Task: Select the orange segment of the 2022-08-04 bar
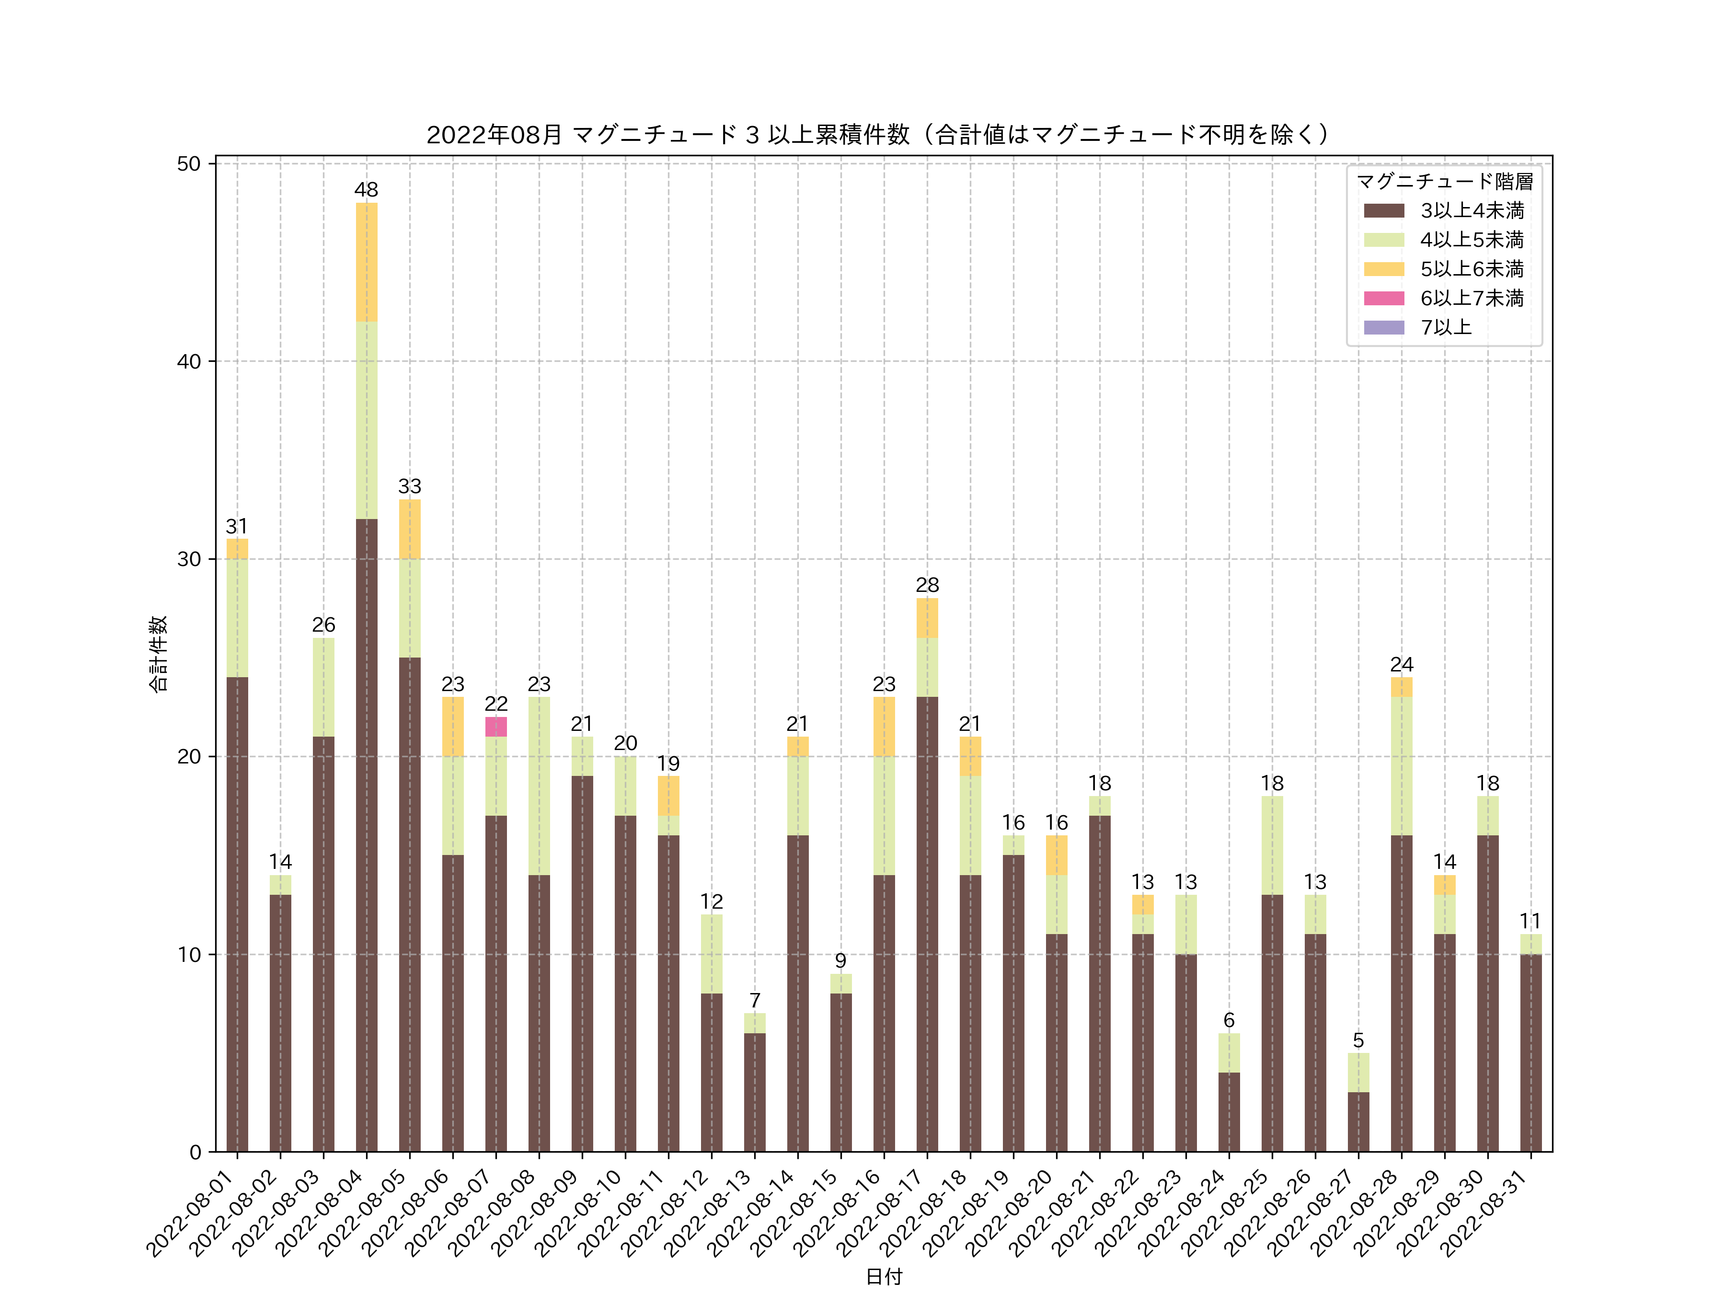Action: pyautogui.click(x=367, y=262)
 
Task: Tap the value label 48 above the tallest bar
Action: pyautogui.click(x=367, y=189)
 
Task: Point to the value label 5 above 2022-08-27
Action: pyautogui.click(x=1358, y=1040)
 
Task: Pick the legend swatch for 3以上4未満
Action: pyautogui.click(x=1384, y=210)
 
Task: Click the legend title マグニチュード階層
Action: pyautogui.click(x=1444, y=182)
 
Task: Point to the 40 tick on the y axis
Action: pyautogui.click(x=189, y=361)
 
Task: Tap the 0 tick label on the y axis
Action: pyautogui.click(x=195, y=1152)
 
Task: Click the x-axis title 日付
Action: pyautogui.click(x=884, y=1276)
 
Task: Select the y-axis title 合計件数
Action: pyautogui.click(x=158, y=654)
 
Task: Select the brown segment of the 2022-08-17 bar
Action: pyautogui.click(x=927, y=924)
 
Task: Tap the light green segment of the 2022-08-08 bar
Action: pyautogui.click(x=539, y=786)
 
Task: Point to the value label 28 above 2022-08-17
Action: pyautogui.click(x=927, y=585)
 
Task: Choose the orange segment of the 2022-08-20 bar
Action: pyautogui.click(x=1057, y=855)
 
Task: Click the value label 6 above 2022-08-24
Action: pyautogui.click(x=1229, y=1020)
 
